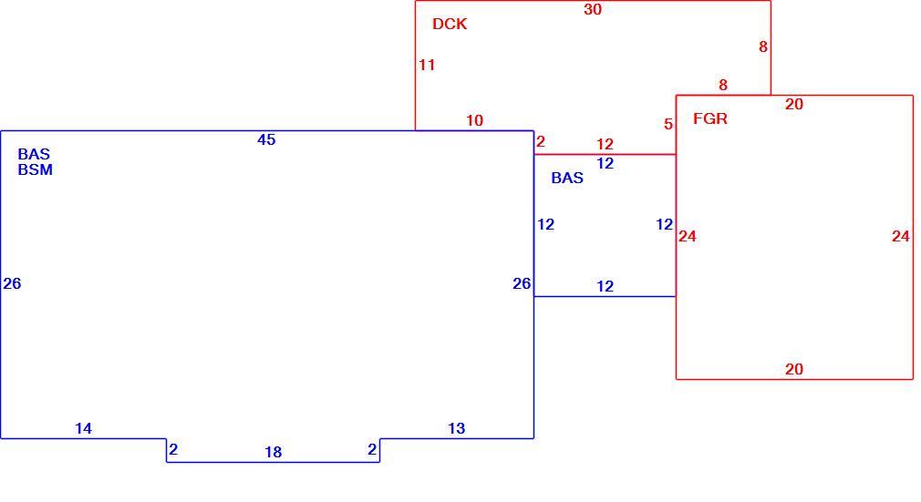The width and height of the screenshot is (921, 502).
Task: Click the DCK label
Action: (450, 24)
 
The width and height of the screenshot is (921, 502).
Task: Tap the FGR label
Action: (710, 118)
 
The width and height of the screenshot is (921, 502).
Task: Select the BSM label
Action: (36, 169)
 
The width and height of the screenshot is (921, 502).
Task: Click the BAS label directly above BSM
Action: (34, 154)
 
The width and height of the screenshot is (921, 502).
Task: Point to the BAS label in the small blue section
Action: (567, 178)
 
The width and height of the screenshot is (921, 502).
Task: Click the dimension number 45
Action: (266, 139)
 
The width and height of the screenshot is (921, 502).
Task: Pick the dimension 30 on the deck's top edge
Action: (593, 9)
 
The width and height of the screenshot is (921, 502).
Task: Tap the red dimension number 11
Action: (427, 66)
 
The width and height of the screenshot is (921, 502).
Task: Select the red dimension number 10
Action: (474, 121)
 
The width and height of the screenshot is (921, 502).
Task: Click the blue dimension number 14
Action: (83, 428)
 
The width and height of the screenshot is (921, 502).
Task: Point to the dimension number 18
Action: (274, 452)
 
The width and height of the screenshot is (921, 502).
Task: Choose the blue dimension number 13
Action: (456, 428)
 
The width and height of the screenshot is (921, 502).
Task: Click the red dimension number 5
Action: (668, 125)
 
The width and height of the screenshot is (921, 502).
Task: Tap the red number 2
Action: (541, 141)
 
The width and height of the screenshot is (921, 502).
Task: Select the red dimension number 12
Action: (605, 145)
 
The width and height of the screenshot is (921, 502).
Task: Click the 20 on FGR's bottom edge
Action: (794, 369)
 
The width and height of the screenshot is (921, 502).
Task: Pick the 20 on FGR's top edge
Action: (794, 105)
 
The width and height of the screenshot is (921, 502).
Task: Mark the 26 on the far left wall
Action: (13, 283)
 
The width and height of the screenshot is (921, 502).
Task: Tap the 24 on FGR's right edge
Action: (901, 237)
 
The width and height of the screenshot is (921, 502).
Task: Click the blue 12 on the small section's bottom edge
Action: (605, 286)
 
